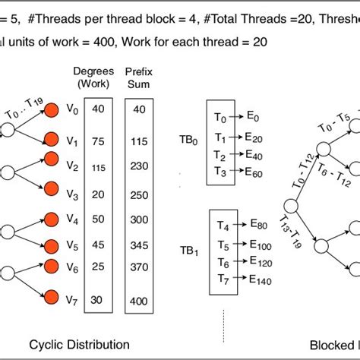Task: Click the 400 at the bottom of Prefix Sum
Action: click(x=137, y=302)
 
